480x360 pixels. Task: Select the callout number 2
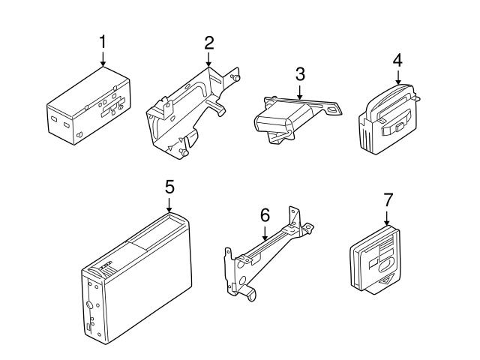pos(208,42)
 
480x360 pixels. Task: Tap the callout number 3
pos(300,73)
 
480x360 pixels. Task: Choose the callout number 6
pos(265,214)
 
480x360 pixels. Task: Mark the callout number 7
pos(387,199)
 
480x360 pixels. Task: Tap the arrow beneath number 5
pos(169,204)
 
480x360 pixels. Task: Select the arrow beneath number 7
pos(387,217)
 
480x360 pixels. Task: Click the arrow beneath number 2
pos(208,60)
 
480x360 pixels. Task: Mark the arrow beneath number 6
pos(265,232)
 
